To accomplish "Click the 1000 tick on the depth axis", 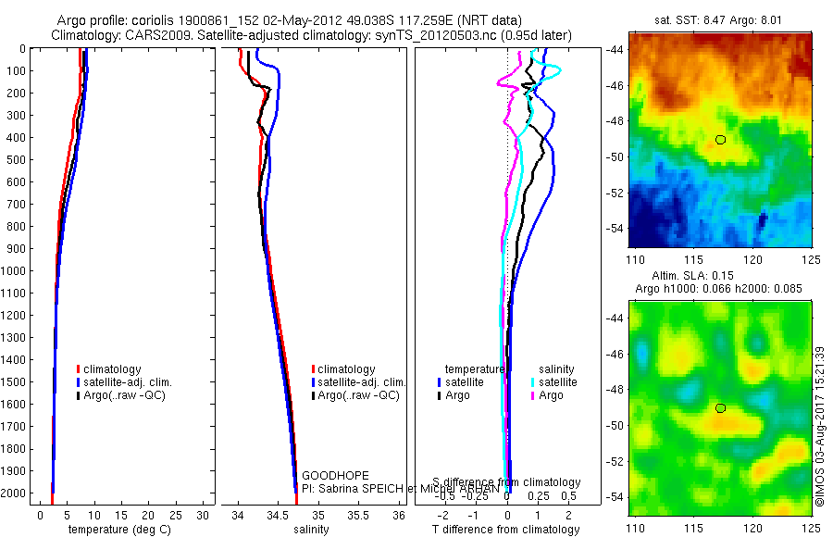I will point(14,271).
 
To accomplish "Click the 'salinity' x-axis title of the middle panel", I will point(311,530).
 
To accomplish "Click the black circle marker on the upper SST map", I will point(720,139).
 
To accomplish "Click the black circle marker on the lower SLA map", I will point(720,408).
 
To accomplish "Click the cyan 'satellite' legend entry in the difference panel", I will point(554,381).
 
